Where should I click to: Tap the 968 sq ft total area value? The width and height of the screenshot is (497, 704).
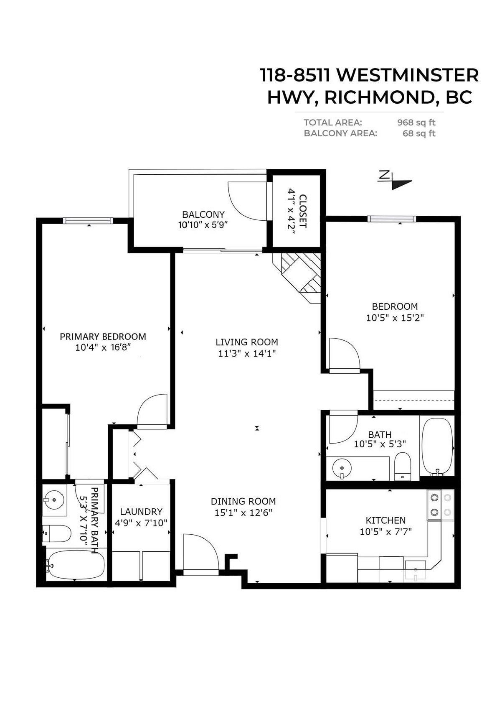coord(416,122)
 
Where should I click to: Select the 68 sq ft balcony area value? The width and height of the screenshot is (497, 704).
coord(419,133)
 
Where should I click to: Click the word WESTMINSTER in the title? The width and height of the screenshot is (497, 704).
coord(407,75)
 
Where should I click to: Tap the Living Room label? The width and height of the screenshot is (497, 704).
coord(246,342)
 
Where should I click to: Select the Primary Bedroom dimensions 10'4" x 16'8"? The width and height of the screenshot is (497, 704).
coord(103,347)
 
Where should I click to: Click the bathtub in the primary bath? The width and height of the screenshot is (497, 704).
coord(75,564)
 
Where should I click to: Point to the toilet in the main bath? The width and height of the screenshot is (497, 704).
coord(403,464)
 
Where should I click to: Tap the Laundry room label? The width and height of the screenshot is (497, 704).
coord(141,512)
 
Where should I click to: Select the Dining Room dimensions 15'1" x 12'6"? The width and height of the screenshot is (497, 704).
coord(243,513)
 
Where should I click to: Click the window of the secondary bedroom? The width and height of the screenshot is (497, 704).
coord(392,218)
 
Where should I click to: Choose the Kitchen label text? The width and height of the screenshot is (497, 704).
coord(385,520)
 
